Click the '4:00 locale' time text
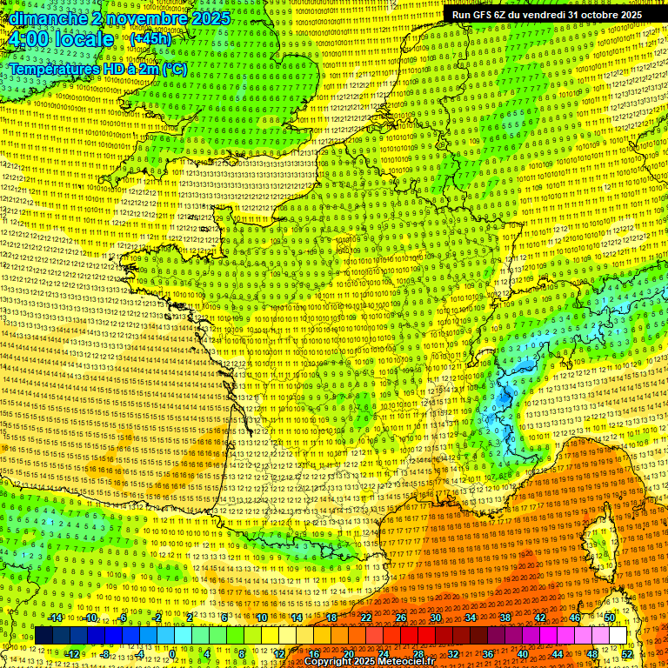[61, 39]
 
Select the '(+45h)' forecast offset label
[151, 39]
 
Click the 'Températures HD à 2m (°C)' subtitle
[97, 69]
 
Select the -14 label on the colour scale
[57, 618]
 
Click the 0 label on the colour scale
[172, 654]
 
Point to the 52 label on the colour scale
[627, 654]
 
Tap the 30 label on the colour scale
[435, 618]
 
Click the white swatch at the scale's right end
[618, 636]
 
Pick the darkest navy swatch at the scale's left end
[43, 636]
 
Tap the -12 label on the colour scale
[74, 654]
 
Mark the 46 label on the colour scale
[574, 618]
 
